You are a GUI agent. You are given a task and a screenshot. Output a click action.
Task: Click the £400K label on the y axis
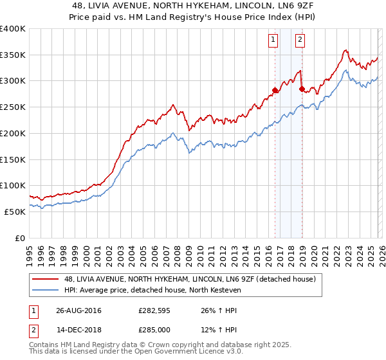click(13, 29)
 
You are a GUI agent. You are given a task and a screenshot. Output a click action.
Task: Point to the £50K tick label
click(15, 212)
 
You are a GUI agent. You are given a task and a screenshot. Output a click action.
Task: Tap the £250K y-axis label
click(13, 107)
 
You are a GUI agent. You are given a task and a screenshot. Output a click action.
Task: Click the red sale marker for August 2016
click(275, 90)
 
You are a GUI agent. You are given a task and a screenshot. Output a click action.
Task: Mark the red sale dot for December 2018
click(302, 89)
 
